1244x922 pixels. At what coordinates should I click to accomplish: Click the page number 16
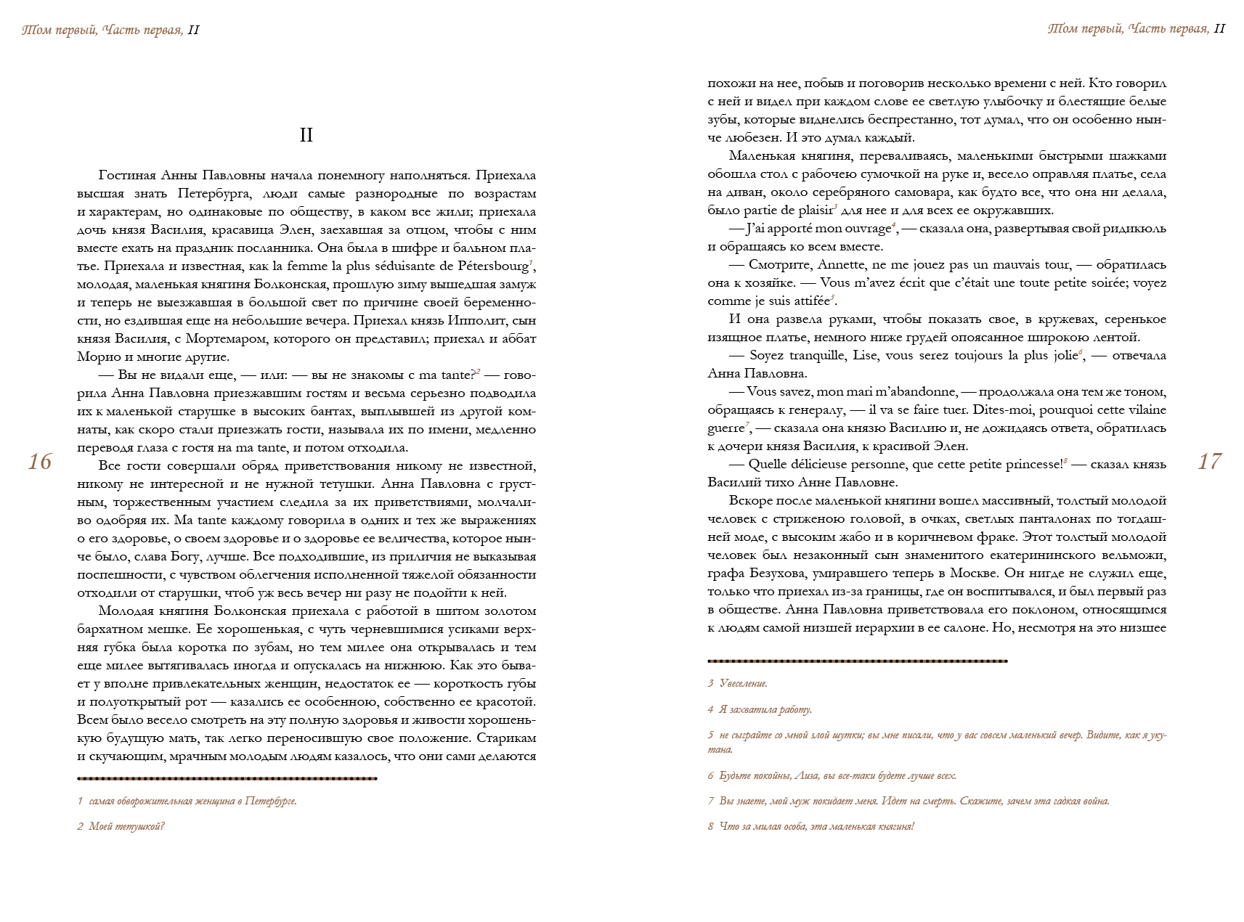pos(40,462)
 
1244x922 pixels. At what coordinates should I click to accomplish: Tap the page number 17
pos(1209,462)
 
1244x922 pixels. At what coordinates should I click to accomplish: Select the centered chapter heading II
pos(306,135)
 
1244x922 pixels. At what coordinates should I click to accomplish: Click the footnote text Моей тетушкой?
pos(126,827)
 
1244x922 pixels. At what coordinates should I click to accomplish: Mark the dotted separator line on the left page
pos(227,779)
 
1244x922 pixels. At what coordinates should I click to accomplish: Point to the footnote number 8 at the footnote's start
pos(711,827)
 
